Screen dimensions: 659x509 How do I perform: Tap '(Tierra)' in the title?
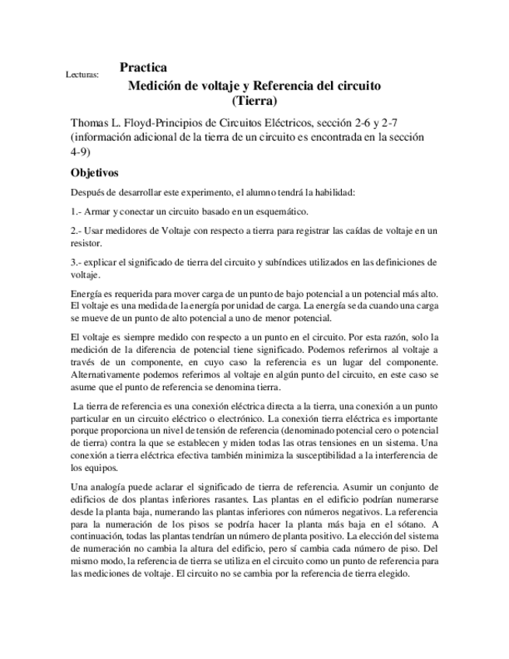tap(254, 99)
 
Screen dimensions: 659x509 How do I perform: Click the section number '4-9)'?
tap(81, 152)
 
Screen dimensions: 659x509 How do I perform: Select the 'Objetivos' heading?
tap(95, 173)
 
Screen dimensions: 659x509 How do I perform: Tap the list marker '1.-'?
tap(78, 211)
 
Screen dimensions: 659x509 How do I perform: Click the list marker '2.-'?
tap(78, 231)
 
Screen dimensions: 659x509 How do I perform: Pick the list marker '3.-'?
tap(78, 262)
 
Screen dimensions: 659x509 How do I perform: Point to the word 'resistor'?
tap(88, 242)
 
